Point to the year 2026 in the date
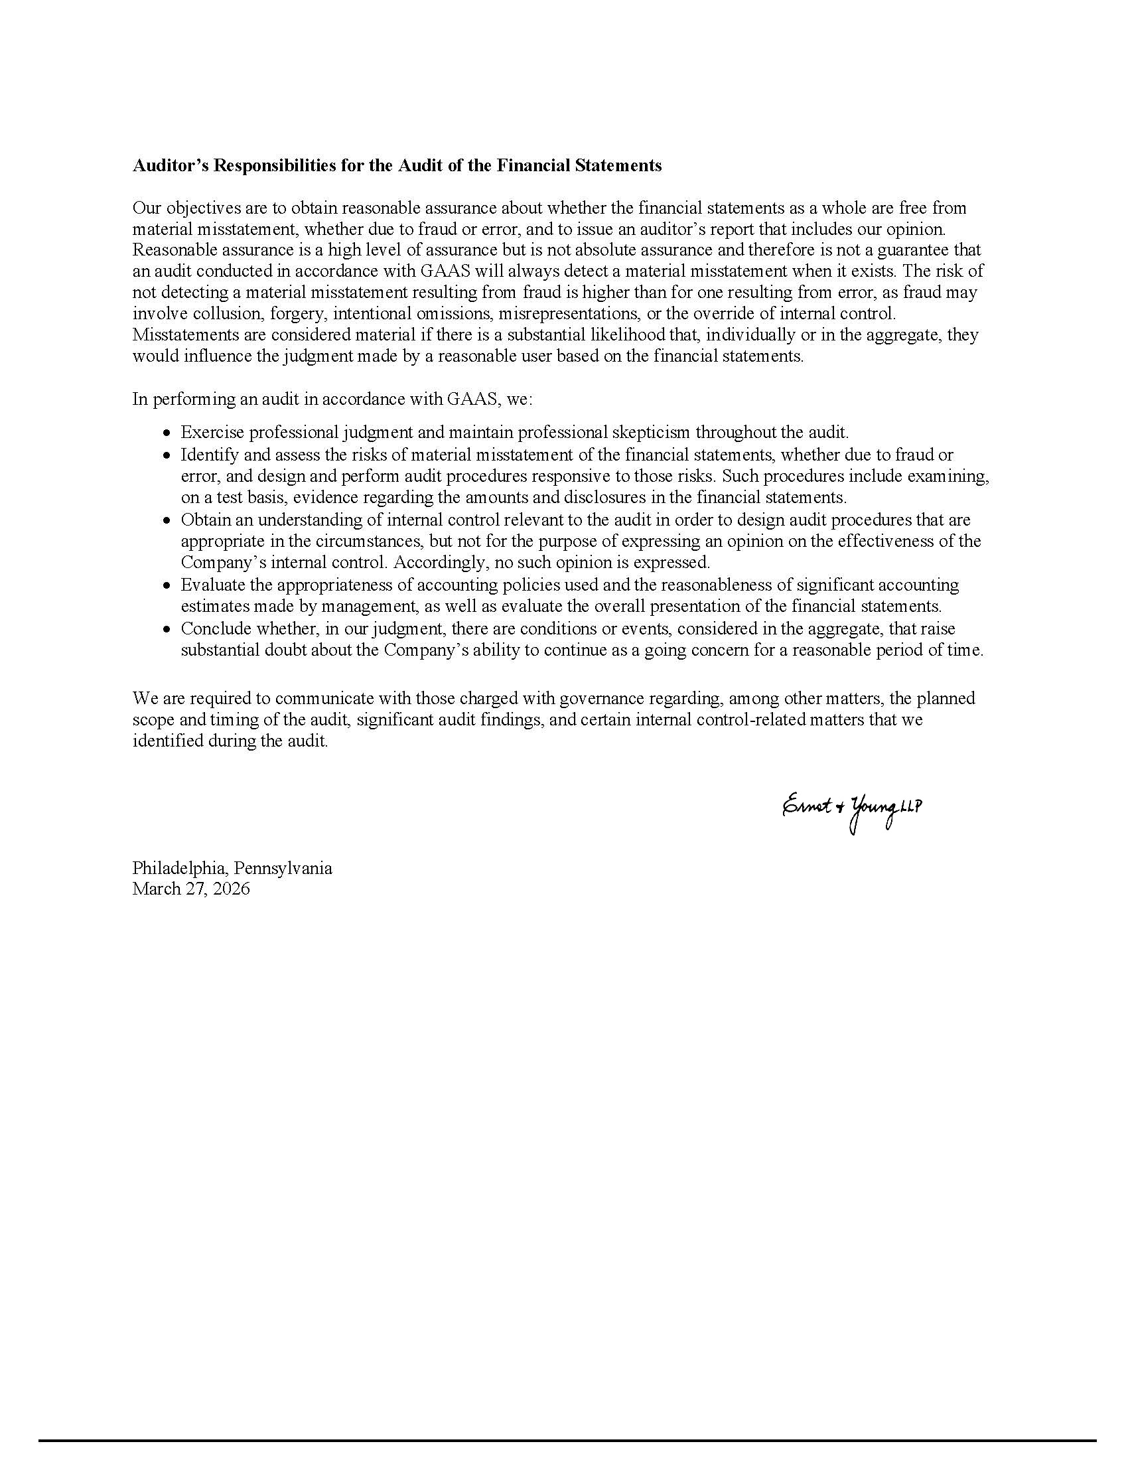[231, 889]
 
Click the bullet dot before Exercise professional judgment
[167, 433]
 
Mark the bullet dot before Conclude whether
[167, 630]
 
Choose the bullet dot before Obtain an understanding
[167, 521]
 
